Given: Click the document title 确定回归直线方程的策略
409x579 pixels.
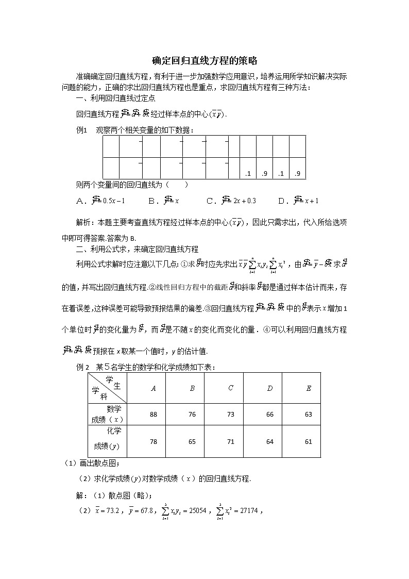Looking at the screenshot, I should (204, 60).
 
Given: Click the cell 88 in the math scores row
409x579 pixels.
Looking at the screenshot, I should (153, 415).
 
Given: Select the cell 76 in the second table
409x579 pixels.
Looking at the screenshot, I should (192, 415).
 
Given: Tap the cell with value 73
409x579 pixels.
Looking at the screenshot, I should (230, 415).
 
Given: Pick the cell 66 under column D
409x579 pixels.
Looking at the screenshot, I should (269, 415).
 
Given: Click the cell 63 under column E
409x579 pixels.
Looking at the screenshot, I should (309, 415).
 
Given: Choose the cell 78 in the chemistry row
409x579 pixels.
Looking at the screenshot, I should (153, 442).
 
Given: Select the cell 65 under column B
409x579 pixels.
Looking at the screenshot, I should (192, 442).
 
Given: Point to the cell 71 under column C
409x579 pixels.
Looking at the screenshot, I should (230, 442).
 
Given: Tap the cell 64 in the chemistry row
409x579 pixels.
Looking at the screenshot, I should (269, 442).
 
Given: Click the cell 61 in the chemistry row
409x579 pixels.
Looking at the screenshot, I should (309, 442).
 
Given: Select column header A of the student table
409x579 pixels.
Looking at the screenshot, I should (153, 388).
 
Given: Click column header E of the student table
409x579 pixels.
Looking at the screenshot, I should (309, 388).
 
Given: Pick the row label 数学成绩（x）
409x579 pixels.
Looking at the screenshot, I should (107, 414).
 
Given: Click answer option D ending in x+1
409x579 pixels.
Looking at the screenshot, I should (299, 201).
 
